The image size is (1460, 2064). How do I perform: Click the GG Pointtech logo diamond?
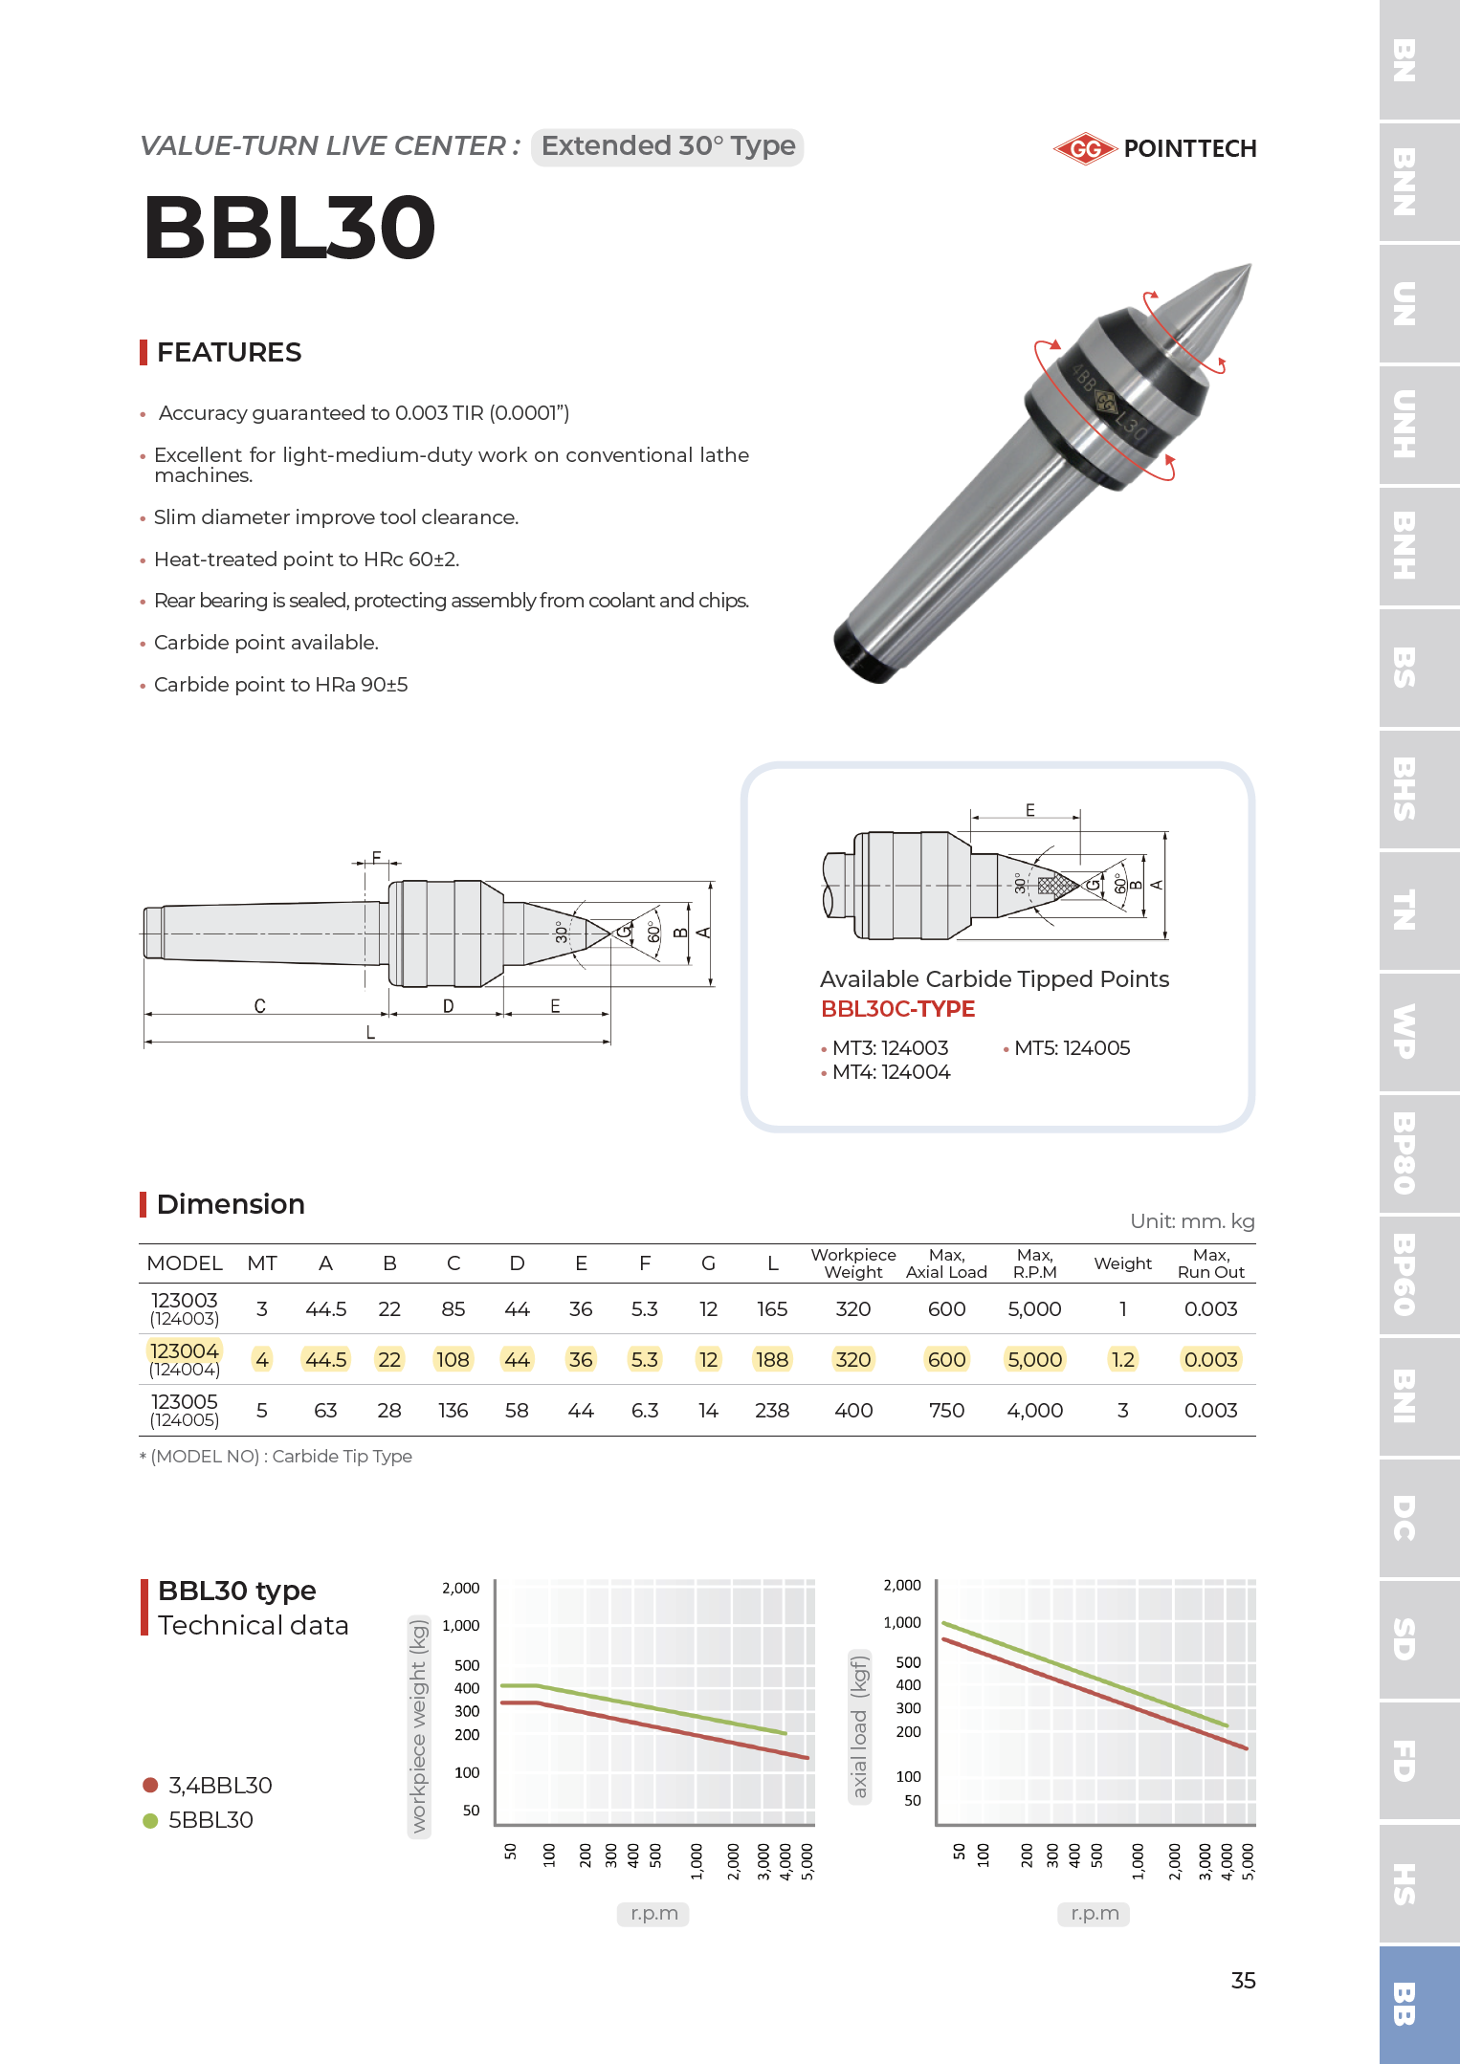pyautogui.click(x=1085, y=148)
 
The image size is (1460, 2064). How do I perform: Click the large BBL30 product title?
pyautogui.click(x=290, y=228)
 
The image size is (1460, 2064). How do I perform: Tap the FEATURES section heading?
pyautogui.click(x=229, y=352)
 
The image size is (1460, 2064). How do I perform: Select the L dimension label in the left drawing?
pyautogui.click(x=370, y=1033)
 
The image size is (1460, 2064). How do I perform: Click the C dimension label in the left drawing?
pyautogui.click(x=259, y=1006)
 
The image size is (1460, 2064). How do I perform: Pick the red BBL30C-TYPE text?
pyautogui.click(x=897, y=1009)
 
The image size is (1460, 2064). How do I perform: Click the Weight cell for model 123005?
pyautogui.click(x=1122, y=1411)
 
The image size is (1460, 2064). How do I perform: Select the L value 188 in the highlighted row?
pyautogui.click(x=772, y=1360)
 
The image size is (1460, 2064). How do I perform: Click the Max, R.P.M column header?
pyautogui.click(x=1034, y=1263)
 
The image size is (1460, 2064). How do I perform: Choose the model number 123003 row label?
pyautogui.click(x=185, y=1302)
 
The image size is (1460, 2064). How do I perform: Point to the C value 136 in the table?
pyautogui.click(x=453, y=1411)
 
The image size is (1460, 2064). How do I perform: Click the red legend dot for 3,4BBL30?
pyautogui.click(x=150, y=1785)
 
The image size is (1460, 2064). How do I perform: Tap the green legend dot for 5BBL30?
pyautogui.click(x=150, y=1820)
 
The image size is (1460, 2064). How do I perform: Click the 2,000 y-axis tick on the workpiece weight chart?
pyautogui.click(x=460, y=1589)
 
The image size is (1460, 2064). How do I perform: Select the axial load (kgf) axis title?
pyautogui.click(x=860, y=1727)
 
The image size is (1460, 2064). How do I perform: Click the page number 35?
pyautogui.click(x=1243, y=1981)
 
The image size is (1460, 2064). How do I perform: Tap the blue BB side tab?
pyautogui.click(x=1404, y=2004)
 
